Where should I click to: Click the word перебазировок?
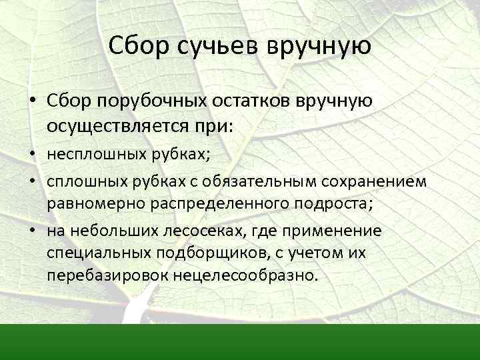coord(95,275)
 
